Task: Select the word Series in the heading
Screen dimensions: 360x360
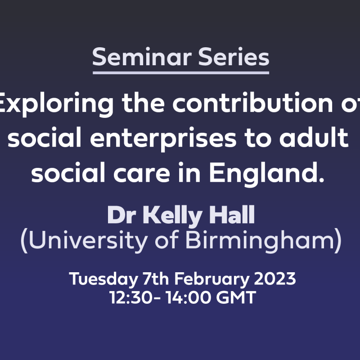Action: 234,57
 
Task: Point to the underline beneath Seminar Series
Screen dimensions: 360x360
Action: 181,73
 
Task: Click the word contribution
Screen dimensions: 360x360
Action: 252,102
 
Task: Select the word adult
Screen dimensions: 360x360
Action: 314,137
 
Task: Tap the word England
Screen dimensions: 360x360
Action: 266,174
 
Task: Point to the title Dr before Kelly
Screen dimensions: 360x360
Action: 121,215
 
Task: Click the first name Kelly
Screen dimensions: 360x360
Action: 173,216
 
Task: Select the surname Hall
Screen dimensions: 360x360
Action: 232,215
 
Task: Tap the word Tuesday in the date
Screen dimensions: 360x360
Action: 103,279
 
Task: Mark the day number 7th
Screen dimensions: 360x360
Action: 156,279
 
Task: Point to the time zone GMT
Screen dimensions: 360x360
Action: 236,297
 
